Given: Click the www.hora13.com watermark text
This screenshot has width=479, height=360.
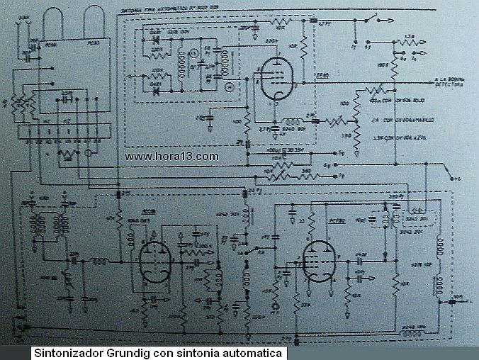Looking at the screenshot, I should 171,157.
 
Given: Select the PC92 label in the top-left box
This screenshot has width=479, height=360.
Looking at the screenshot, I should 92,44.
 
